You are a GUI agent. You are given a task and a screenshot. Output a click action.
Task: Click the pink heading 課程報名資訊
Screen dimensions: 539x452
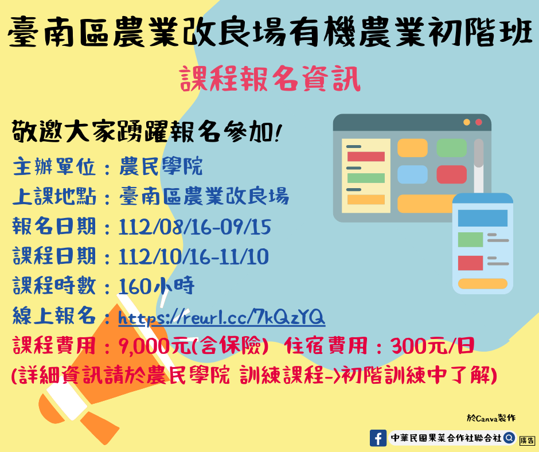[270, 79]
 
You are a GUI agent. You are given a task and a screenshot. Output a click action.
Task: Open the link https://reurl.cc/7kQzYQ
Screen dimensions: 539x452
[221, 317]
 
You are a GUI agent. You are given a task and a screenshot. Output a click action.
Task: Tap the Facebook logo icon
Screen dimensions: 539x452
[378, 438]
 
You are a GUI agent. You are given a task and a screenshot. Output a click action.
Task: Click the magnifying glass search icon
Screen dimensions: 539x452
[509, 438]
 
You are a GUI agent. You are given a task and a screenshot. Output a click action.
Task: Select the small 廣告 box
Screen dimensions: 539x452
[528, 441]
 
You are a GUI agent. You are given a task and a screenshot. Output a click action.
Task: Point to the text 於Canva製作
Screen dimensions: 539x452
[491, 418]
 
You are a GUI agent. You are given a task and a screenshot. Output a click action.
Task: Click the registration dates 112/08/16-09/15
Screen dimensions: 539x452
[194, 227]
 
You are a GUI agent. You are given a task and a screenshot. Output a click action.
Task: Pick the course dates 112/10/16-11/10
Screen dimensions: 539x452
[193, 256]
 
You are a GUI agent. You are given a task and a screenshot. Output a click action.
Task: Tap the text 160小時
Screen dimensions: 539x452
[157, 286]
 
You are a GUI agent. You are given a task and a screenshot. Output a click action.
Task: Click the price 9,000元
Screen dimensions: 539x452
[154, 346]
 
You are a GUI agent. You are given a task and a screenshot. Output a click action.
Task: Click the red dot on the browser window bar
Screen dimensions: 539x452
[478, 122]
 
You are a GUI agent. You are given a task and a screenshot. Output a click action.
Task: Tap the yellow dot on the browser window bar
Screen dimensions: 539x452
[467, 122]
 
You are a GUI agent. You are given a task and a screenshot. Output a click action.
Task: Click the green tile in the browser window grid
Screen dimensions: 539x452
[451, 148]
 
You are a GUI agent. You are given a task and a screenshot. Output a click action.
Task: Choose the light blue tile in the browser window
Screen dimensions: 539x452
[412, 174]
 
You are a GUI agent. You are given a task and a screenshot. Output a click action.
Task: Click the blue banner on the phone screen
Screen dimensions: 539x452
[483, 218]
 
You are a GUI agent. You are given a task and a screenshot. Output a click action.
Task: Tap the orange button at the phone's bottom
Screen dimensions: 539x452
[483, 283]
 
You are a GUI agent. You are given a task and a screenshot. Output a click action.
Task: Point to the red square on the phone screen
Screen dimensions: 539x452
[470, 263]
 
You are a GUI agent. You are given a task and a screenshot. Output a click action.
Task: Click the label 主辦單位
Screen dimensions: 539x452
[54, 167]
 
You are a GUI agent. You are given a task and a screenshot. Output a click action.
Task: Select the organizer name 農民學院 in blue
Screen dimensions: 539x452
[161, 166]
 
